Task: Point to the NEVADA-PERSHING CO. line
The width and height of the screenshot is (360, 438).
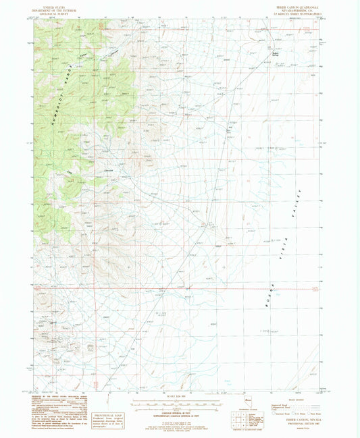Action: [x=300, y=7]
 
